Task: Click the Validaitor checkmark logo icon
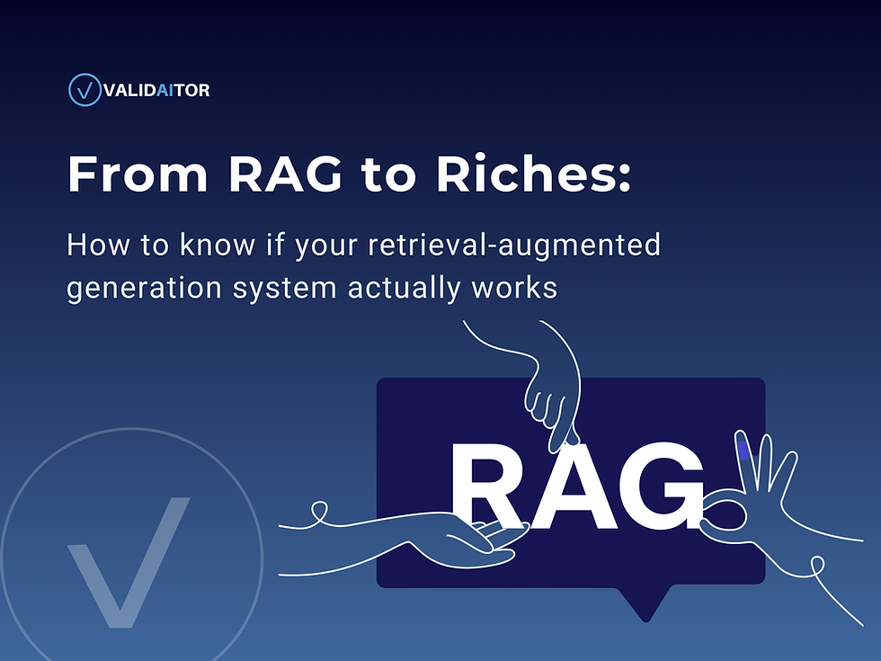[85, 90]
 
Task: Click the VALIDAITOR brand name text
[156, 90]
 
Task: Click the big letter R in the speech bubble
[490, 487]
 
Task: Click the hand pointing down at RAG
[548, 396]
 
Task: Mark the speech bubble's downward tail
[645, 603]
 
